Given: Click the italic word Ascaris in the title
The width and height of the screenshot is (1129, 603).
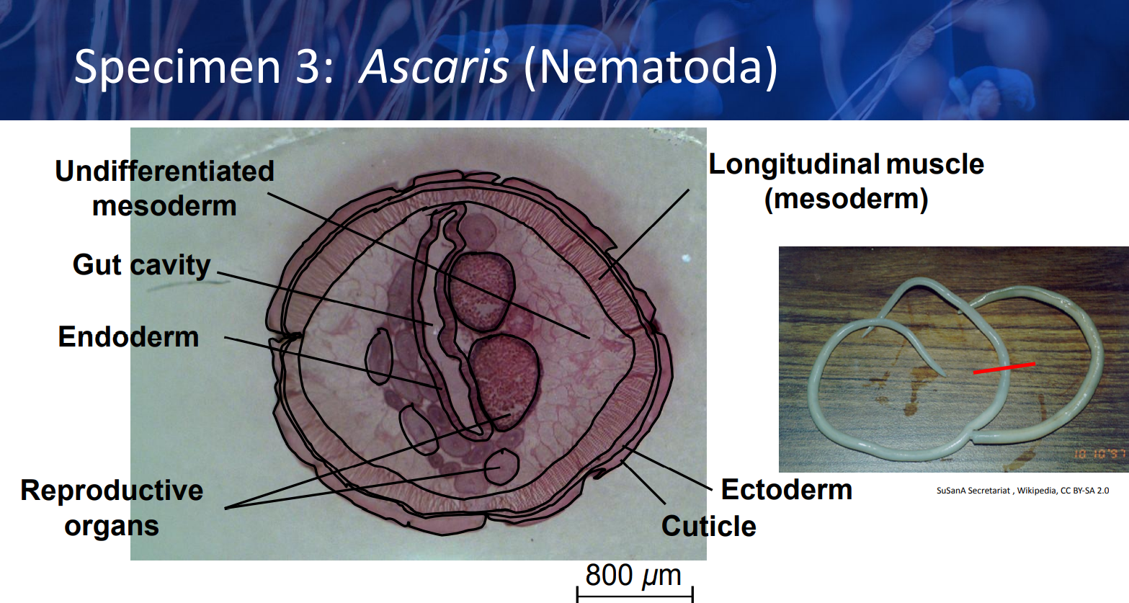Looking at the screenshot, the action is click(434, 68).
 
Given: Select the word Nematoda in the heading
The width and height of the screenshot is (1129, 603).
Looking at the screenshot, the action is click(651, 66).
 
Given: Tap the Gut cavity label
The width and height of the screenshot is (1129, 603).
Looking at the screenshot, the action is click(141, 266).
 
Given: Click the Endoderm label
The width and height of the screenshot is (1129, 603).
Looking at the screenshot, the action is click(128, 336).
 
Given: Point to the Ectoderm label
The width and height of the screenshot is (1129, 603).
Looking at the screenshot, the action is click(786, 490).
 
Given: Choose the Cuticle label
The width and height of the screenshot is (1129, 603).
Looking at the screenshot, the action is click(709, 527).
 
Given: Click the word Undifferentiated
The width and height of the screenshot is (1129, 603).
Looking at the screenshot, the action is click(164, 171).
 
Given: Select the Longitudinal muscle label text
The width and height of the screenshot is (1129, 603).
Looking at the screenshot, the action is click(847, 164).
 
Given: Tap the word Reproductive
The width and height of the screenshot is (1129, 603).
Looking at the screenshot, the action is click(112, 491).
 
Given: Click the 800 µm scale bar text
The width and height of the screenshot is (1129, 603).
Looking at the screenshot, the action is click(633, 575).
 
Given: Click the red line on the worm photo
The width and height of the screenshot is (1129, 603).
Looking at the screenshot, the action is click(1004, 368).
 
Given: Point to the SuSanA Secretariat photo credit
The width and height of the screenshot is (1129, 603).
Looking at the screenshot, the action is click(1022, 491).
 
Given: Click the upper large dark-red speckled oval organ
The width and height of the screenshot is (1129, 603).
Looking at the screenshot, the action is click(482, 291).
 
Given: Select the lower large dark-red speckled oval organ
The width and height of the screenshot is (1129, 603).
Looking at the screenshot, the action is click(504, 381).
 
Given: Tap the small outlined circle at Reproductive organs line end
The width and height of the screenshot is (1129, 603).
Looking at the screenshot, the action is click(501, 467).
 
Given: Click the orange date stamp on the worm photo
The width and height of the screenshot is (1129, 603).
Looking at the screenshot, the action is click(1099, 454).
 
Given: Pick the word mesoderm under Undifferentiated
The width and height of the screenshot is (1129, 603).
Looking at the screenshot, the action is click(164, 206).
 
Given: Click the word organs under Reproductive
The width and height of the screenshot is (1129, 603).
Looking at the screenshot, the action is click(112, 527).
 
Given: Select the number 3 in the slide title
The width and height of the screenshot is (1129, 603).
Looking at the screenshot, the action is click(306, 67).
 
